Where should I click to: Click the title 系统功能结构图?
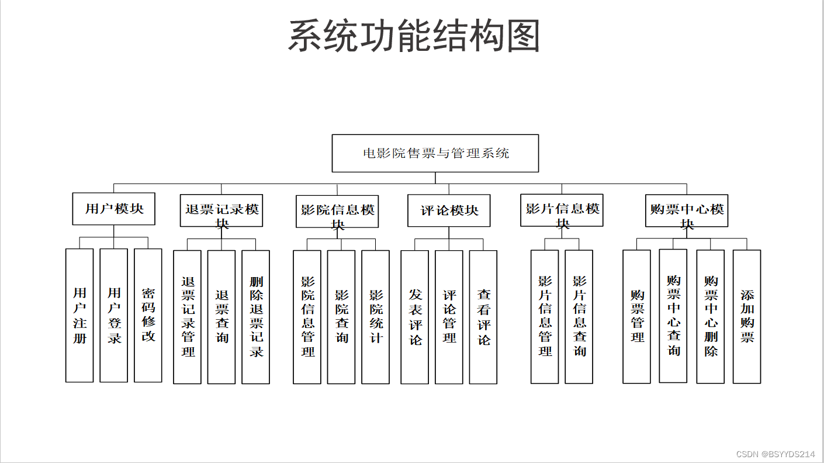tap(414, 36)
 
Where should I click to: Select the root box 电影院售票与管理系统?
tap(435, 153)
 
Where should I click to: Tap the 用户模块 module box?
tap(114, 209)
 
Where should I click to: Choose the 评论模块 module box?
tap(449, 210)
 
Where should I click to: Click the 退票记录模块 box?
tap(221, 210)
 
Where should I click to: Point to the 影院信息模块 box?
tap(337, 211)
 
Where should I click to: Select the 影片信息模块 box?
tap(562, 210)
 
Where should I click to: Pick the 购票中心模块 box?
tap(687, 210)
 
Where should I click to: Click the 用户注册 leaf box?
tap(79, 316)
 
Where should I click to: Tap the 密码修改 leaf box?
tap(148, 316)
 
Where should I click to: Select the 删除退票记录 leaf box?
tap(256, 317)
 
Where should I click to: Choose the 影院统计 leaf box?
tap(375, 317)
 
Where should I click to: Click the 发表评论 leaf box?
tap(415, 317)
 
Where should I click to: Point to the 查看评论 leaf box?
tap(483, 317)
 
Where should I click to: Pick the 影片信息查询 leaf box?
tap(579, 316)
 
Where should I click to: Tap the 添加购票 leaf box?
tap(747, 316)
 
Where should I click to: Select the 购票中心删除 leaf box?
tap(711, 316)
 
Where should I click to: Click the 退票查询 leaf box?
tap(221, 317)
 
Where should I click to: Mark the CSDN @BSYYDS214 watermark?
tap(775, 454)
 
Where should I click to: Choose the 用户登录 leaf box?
tap(114, 316)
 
